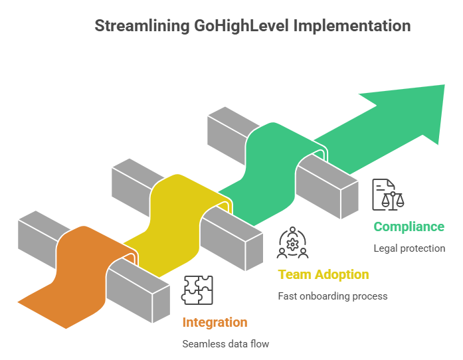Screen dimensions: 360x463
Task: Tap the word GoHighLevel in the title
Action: coord(232,26)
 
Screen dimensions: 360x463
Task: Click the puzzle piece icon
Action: coord(197,290)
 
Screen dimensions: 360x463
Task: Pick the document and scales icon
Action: coord(387,194)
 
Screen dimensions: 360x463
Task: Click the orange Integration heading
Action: coord(215,323)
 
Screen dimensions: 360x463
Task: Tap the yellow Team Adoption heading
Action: coord(324,274)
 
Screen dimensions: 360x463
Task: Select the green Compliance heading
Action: coord(409,226)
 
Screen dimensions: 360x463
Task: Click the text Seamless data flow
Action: coord(226,344)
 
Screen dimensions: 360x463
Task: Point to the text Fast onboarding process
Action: coord(332,296)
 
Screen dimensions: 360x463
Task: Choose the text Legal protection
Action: coord(409,248)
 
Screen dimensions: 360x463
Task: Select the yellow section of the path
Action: coord(173,213)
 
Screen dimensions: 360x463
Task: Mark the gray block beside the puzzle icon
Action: coord(136,286)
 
